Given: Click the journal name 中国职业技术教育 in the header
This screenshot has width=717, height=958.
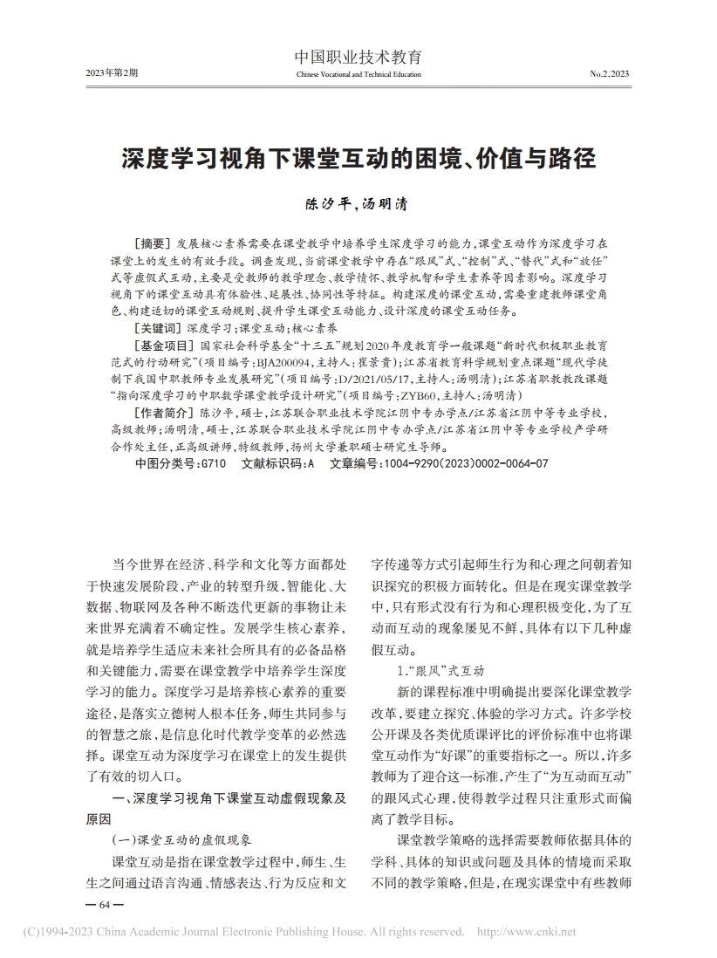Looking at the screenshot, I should tap(358, 58).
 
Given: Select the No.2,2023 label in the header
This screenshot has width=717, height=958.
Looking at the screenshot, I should tap(609, 74).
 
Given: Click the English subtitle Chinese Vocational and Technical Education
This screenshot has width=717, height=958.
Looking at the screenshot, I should tap(358, 74).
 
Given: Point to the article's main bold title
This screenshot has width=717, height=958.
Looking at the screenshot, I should tap(358, 160).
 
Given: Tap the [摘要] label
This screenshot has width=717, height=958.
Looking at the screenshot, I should tap(150, 243).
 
